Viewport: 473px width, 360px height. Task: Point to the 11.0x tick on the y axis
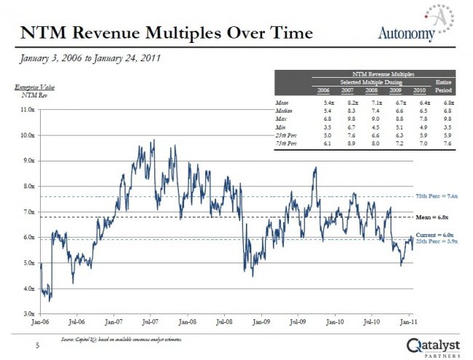pos(27,110)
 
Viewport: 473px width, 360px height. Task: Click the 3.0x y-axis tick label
pos(28,313)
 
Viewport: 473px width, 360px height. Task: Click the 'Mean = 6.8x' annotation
pos(432,217)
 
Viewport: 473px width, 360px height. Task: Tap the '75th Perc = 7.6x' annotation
pos(437,196)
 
